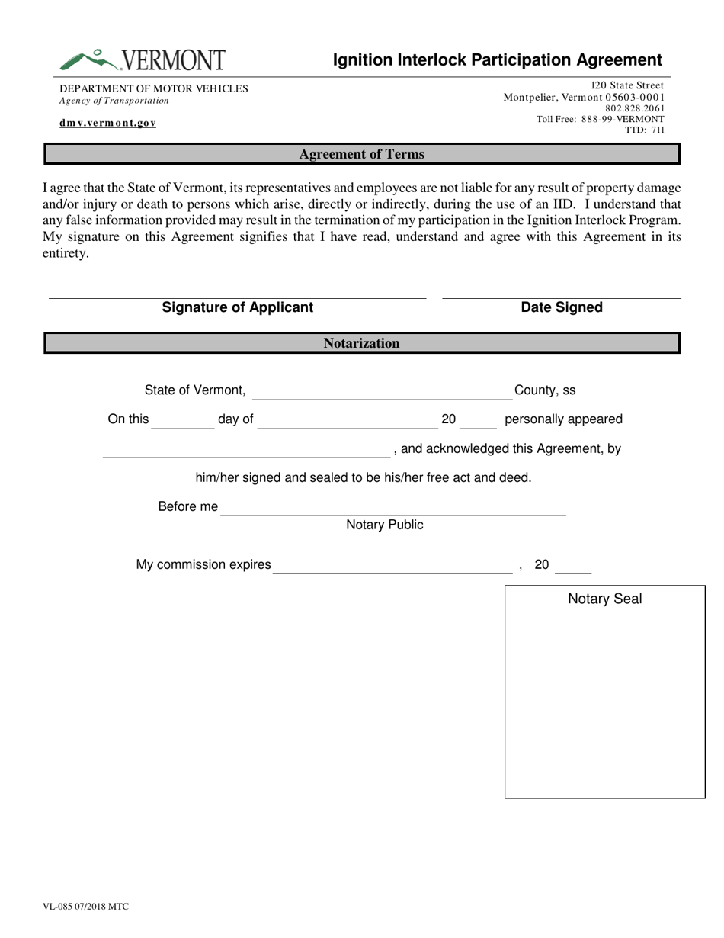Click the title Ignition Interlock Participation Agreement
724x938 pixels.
tap(498, 60)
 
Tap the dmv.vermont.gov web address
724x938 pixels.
tap(108, 123)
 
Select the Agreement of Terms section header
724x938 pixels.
tap(361, 154)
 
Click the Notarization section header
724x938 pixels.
tap(361, 343)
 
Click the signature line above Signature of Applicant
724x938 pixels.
tap(237, 296)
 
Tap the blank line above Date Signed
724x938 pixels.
tap(561, 296)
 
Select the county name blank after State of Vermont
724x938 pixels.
tap(381, 397)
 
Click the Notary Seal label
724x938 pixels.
tap(605, 599)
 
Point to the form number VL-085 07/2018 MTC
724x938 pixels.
tap(85, 907)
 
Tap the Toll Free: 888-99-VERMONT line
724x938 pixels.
tap(600, 119)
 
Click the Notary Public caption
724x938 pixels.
tap(385, 525)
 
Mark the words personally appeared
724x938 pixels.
tap(563, 419)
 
